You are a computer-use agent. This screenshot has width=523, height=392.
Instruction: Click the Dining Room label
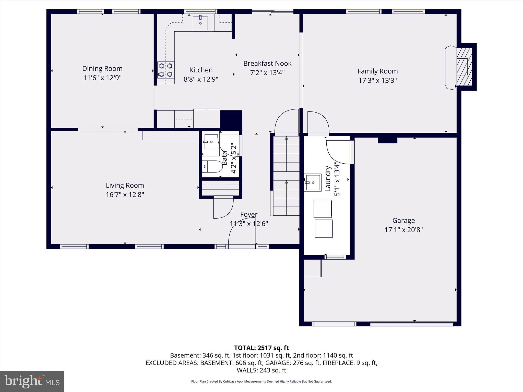(102, 68)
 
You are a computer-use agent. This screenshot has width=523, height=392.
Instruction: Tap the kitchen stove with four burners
(165, 70)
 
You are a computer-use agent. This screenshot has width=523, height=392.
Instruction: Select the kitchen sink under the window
(200, 23)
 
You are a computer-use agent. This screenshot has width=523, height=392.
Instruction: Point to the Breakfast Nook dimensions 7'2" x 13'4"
(267, 73)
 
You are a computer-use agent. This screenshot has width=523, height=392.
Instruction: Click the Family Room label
(377, 71)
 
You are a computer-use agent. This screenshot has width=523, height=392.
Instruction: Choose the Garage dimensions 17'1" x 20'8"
(403, 230)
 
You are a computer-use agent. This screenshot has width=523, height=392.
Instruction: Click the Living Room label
(125, 185)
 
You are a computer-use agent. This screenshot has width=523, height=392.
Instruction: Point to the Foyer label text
(249, 214)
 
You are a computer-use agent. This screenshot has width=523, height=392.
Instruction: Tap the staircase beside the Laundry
(286, 176)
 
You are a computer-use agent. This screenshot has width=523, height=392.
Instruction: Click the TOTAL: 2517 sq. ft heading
(261, 348)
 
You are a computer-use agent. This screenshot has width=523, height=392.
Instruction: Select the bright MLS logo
(32, 382)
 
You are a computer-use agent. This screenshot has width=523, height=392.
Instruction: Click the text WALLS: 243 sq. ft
(261, 370)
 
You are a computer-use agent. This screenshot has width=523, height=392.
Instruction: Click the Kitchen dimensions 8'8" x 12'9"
(201, 79)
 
